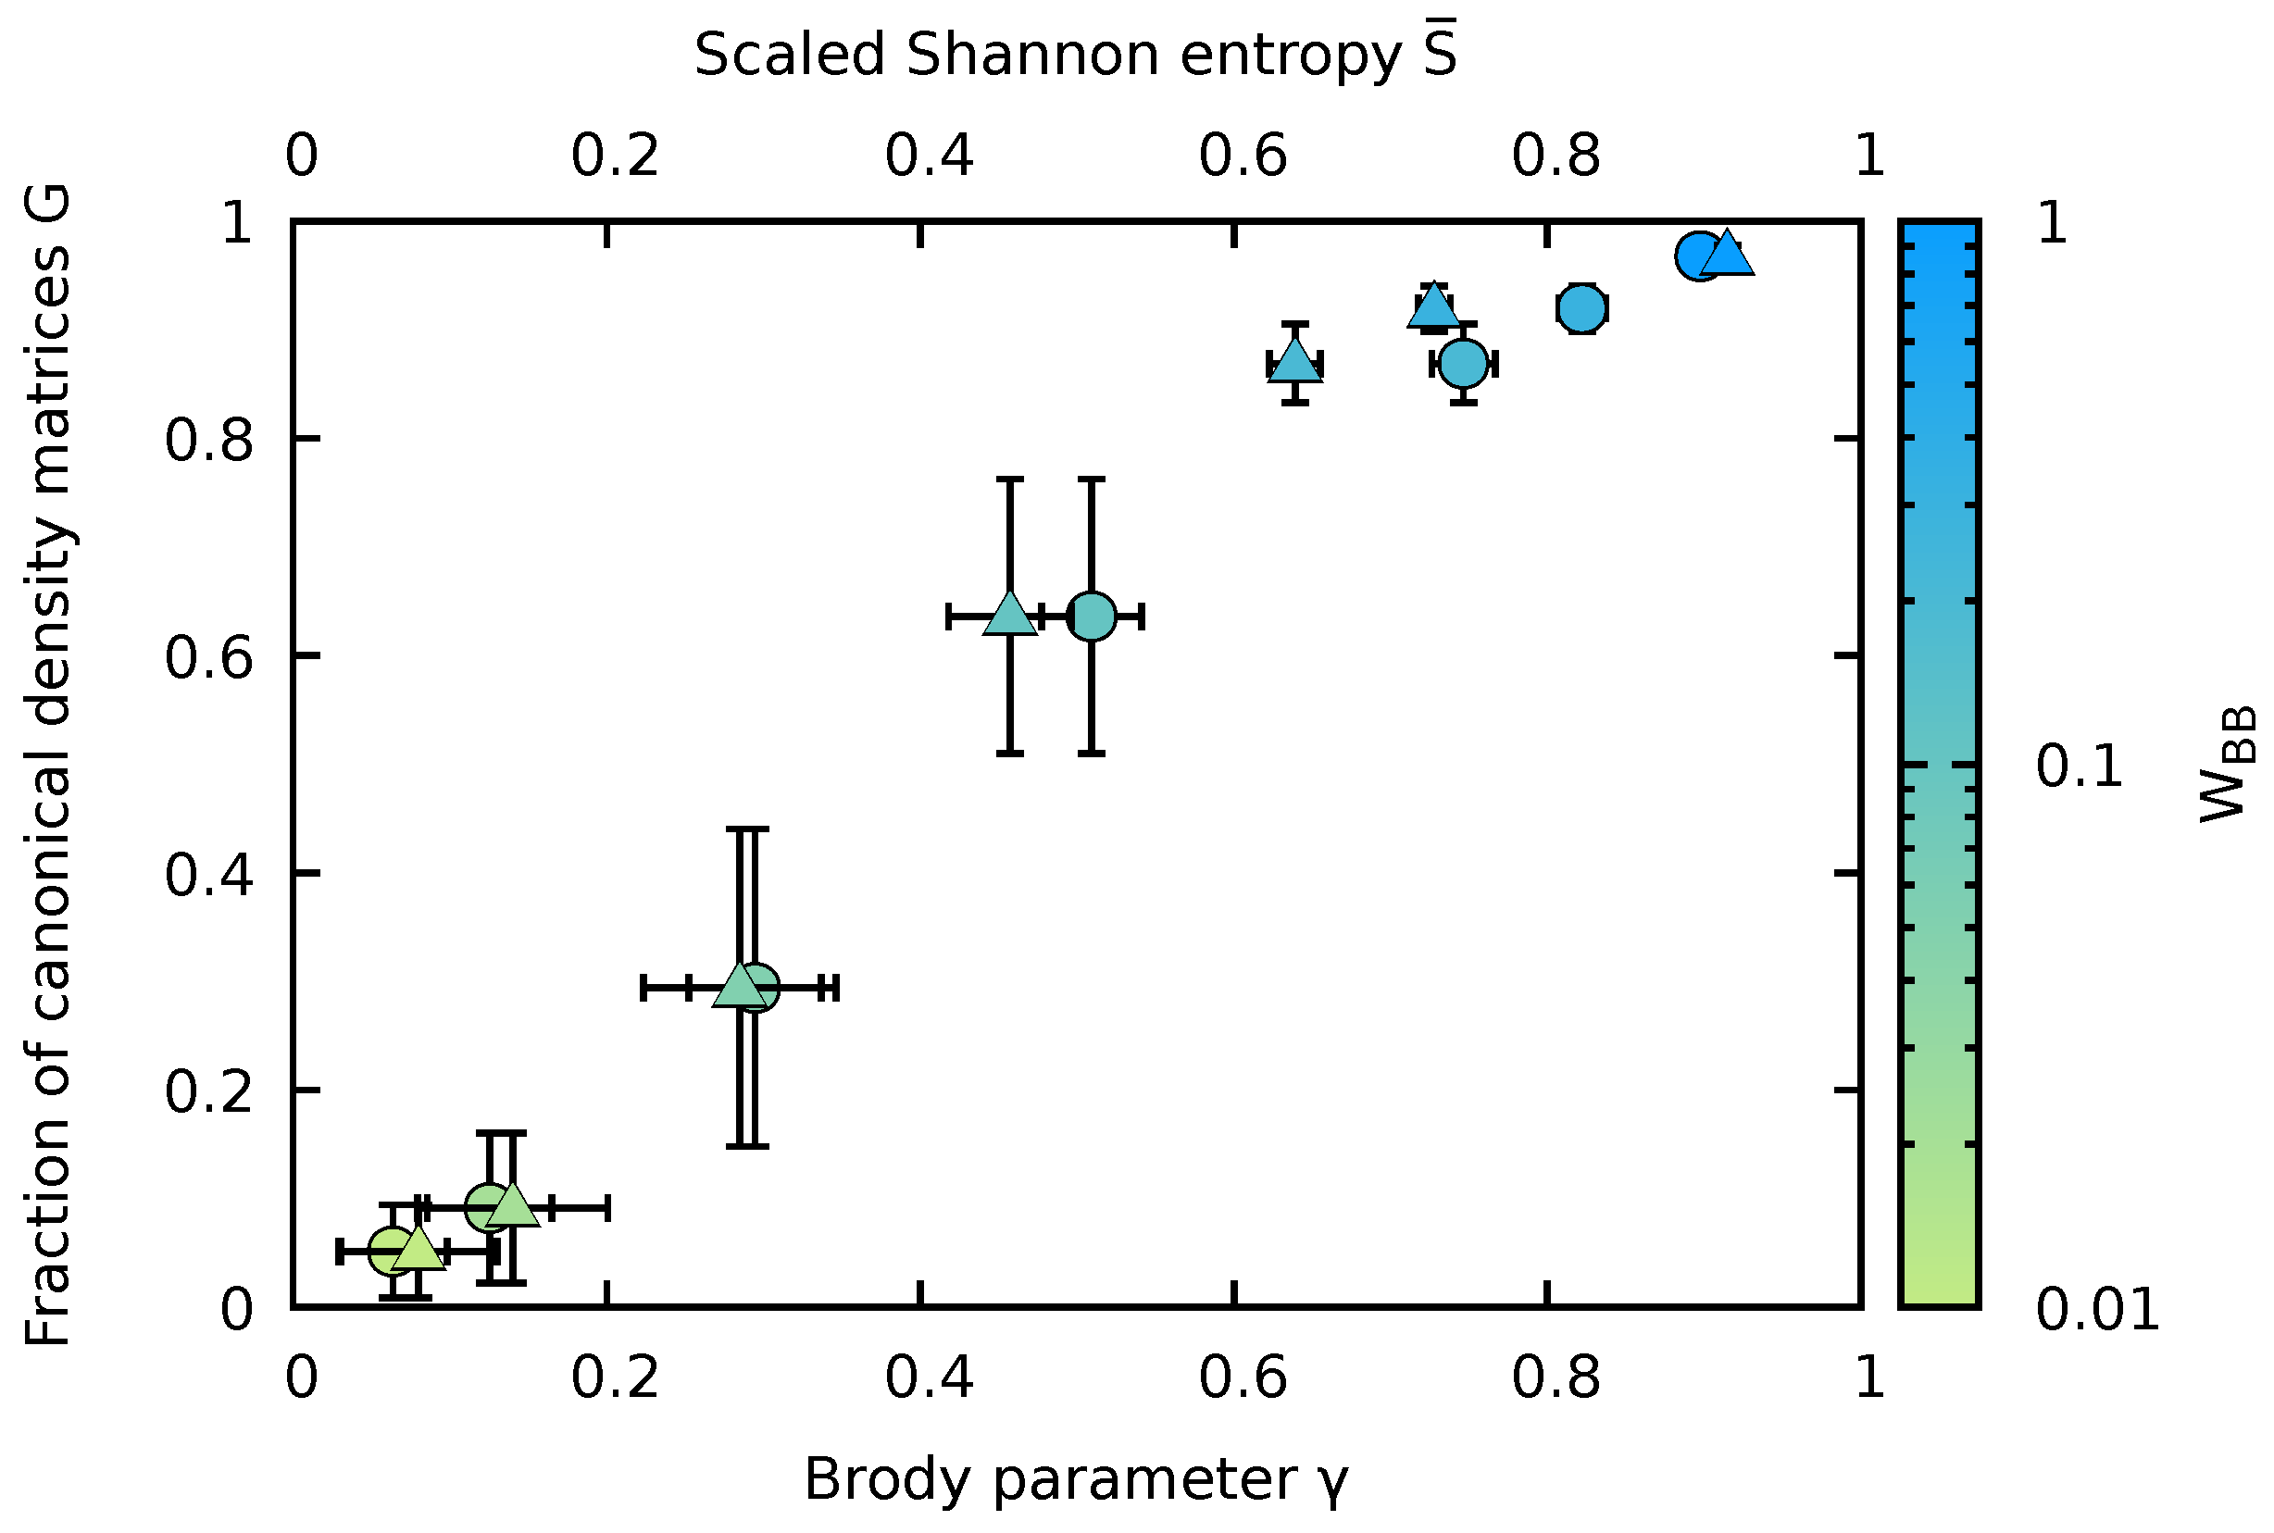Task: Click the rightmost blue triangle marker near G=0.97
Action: [x=1727, y=256]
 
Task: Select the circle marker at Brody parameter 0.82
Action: [x=1581, y=309]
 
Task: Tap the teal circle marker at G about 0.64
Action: [x=1091, y=617]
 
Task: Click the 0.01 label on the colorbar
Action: [x=2097, y=1309]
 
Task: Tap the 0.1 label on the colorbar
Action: [x=2080, y=766]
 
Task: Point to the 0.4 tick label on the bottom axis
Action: [x=929, y=1377]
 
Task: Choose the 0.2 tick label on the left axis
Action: [x=208, y=1091]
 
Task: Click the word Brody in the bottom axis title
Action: [x=886, y=1479]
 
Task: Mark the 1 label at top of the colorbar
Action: [x=2052, y=224]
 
